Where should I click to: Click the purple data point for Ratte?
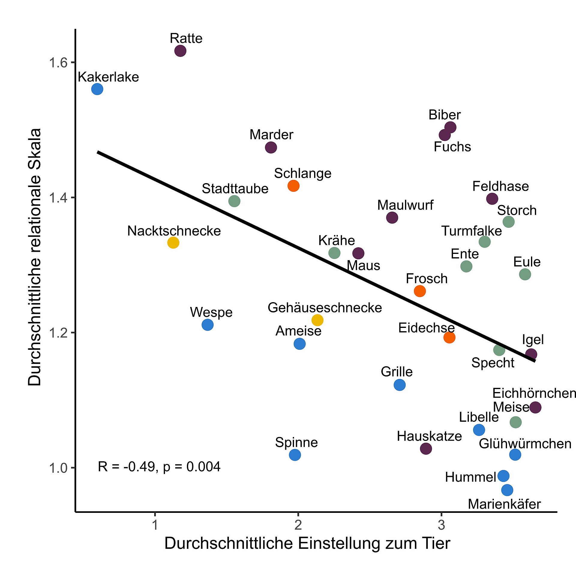pyautogui.click(x=180, y=51)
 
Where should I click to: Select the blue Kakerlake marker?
pyautogui.click(x=97, y=89)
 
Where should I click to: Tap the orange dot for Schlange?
pyautogui.click(x=293, y=186)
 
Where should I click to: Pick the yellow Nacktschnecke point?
pyautogui.click(x=173, y=242)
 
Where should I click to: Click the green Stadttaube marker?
pyautogui.click(x=234, y=201)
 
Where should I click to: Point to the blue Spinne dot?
pyautogui.click(x=295, y=455)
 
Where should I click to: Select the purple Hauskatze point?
pyautogui.click(x=426, y=449)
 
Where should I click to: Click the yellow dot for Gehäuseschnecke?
pyautogui.click(x=317, y=320)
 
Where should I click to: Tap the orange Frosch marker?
pyautogui.click(x=420, y=291)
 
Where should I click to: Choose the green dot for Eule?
pyautogui.click(x=525, y=274)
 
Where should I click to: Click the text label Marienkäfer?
pyautogui.click(x=504, y=504)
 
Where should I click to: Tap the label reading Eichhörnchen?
pyautogui.click(x=534, y=393)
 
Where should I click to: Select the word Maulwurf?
pyautogui.click(x=405, y=205)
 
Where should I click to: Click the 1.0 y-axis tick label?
pyautogui.click(x=59, y=468)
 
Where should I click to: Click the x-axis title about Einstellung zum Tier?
pyautogui.click(x=307, y=543)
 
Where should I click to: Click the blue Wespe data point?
pyautogui.click(x=208, y=325)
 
